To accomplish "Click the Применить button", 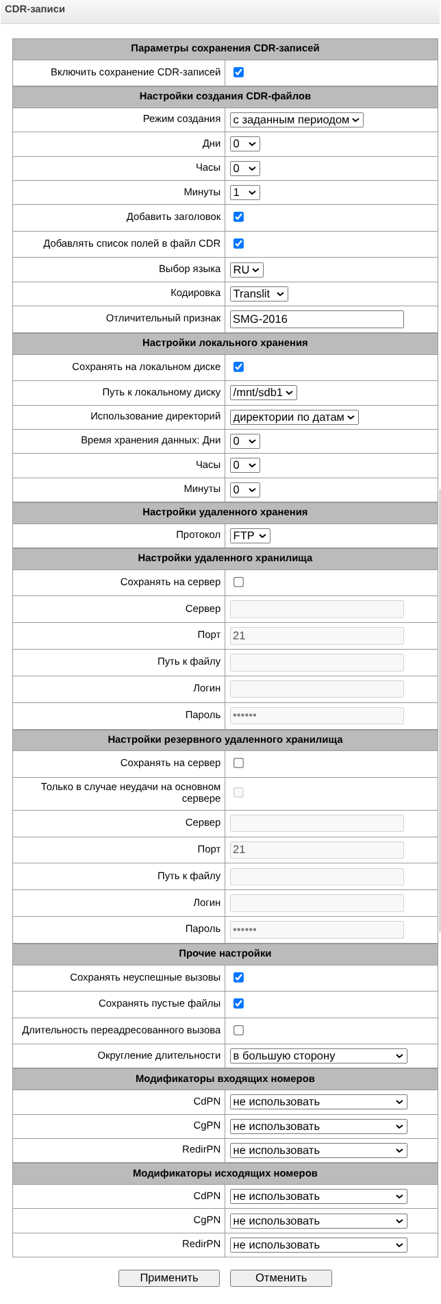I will (x=168, y=1277).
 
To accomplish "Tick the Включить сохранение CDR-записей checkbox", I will (x=238, y=72).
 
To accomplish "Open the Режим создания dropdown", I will (x=297, y=120).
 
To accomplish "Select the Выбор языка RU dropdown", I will (x=247, y=270).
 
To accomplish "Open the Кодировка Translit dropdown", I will (x=259, y=294).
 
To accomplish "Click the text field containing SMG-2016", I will (x=316, y=319).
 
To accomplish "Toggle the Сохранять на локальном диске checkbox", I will (x=238, y=367).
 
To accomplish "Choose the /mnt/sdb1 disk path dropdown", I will (x=264, y=393).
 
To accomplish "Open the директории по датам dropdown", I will (x=294, y=417).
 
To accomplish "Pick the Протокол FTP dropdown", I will (x=250, y=536).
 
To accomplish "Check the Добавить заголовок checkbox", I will (x=238, y=217).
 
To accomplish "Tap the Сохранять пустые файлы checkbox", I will (x=238, y=1003).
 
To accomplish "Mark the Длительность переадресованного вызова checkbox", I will (x=238, y=1030).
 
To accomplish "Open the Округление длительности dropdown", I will (x=318, y=1056).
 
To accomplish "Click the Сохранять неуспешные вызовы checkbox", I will (x=238, y=977).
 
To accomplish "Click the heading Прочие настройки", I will (x=225, y=953).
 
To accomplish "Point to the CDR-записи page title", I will (x=35, y=10).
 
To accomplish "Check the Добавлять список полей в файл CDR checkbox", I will (x=238, y=243).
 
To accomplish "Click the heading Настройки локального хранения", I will (x=225, y=343).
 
